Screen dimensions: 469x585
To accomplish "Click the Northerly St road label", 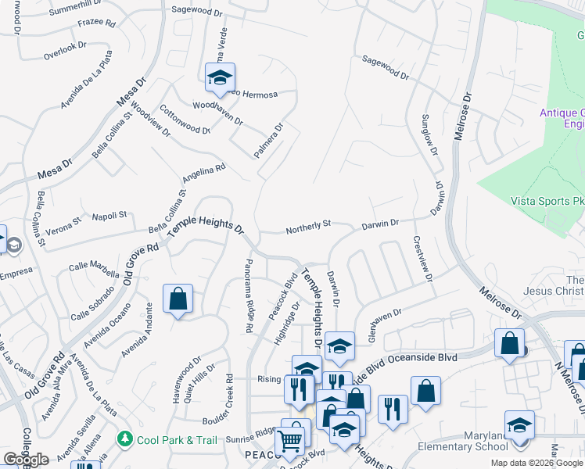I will coord(308,227).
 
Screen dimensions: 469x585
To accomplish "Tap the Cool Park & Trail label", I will coord(177,440).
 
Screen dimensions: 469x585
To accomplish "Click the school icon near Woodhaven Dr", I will coord(221,77).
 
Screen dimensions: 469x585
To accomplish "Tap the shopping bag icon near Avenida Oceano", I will coord(178,299).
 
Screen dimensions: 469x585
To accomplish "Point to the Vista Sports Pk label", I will coord(547,201).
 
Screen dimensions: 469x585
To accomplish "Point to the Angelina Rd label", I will coord(203,172).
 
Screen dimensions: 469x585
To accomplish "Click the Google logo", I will coord(26,459).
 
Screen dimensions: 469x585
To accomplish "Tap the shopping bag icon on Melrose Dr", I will coord(509,344).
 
